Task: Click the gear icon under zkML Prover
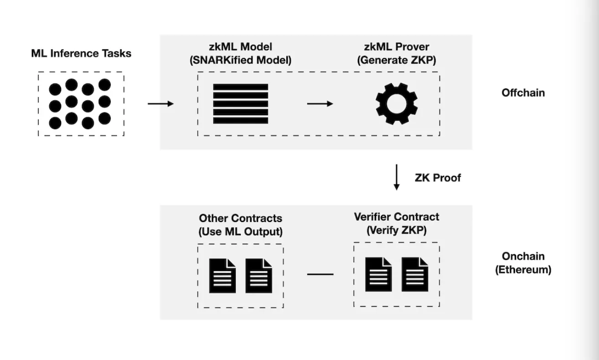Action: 397,104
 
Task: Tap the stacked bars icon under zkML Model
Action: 240,104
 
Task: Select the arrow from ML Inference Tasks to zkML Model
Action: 161,104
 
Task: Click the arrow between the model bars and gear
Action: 320,104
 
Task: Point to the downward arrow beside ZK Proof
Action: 397,177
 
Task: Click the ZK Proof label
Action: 438,178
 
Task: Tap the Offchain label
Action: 523,93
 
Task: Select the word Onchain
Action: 523,256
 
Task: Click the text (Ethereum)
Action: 523,269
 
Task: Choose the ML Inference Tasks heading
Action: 81,53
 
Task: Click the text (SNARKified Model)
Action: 240,60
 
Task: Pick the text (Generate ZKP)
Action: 397,60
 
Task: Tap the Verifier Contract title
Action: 396,217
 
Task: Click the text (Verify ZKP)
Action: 396,230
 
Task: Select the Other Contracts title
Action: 240,218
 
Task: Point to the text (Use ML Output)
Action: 240,231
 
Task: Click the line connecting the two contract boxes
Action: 320,274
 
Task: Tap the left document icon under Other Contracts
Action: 222,276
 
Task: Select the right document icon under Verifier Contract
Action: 415,274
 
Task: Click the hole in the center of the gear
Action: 397,104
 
